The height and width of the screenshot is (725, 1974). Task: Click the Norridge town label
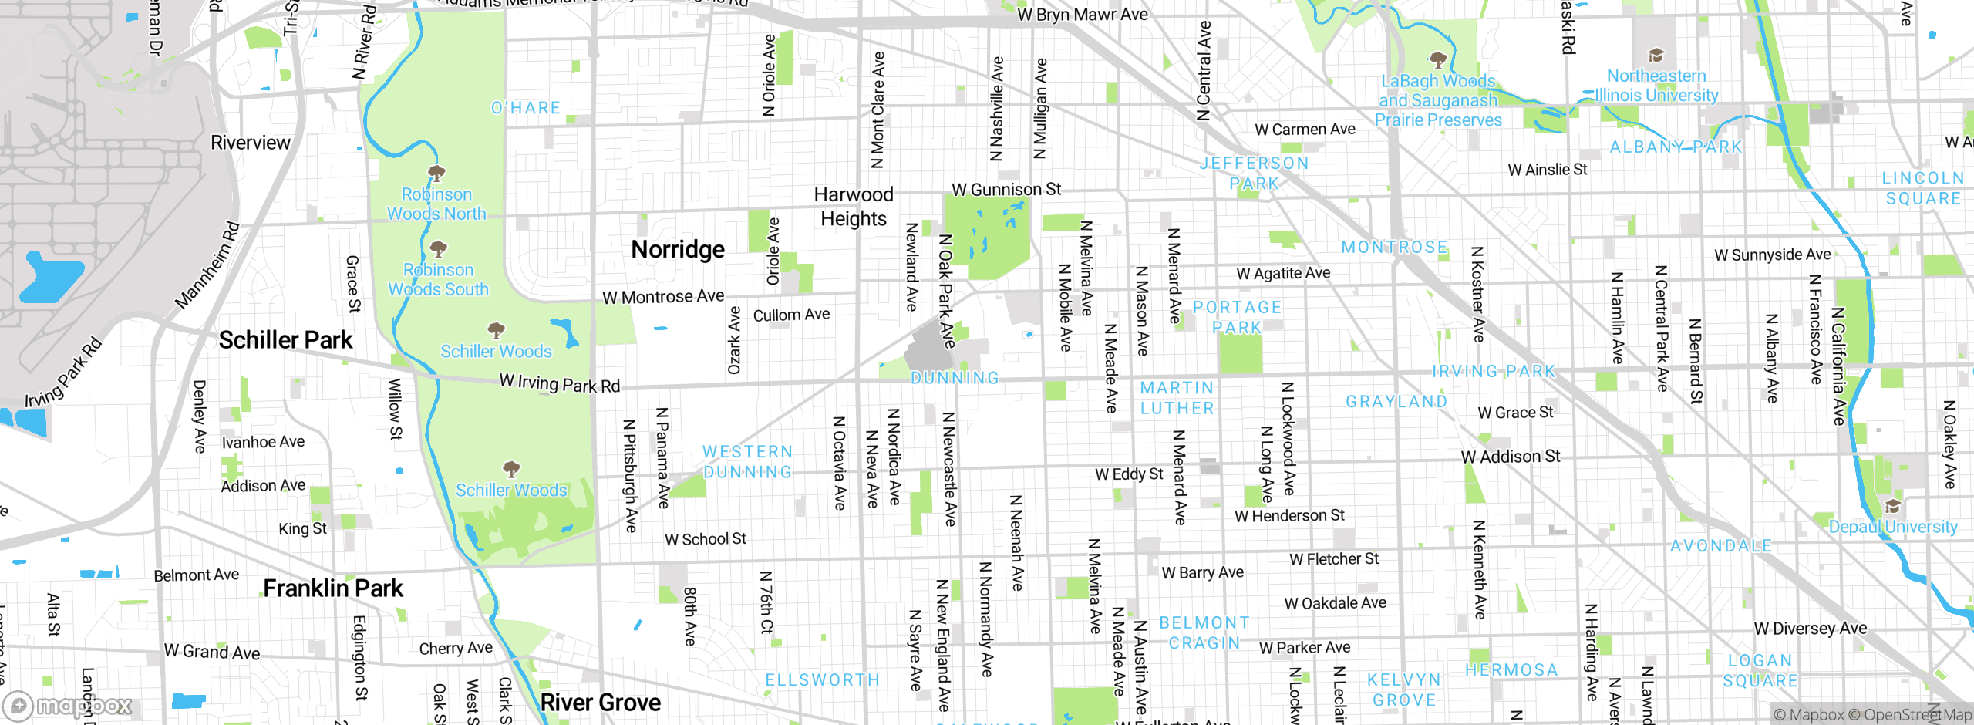click(678, 249)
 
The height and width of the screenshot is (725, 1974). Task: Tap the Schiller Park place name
click(285, 340)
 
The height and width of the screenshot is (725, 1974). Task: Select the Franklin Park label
click(333, 588)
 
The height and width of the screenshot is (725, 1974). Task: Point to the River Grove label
click(601, 703)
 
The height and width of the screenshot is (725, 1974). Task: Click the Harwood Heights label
click(854, 207)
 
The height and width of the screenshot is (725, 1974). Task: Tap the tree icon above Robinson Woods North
click(436, 172)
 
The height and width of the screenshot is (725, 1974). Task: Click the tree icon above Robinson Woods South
click(438, 248)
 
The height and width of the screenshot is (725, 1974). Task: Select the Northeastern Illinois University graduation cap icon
click(1656, 56)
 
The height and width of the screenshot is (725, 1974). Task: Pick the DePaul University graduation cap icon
click(1892, 506)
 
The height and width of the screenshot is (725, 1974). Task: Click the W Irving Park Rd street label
click(560, 383)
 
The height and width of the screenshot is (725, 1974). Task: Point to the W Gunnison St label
click(1006, 190)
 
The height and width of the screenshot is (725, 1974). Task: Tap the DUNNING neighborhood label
click(955, 378)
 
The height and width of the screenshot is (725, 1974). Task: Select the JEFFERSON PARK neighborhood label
click(1254, 174)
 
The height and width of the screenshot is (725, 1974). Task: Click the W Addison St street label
click(1511, 457)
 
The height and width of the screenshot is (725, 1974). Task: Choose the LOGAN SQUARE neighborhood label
click(1760, 671)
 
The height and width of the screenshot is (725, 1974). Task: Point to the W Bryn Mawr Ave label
click(1083, 15)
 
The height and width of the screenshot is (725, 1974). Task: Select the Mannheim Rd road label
click(207, 265)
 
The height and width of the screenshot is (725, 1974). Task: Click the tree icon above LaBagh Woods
click(1437, 59)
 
